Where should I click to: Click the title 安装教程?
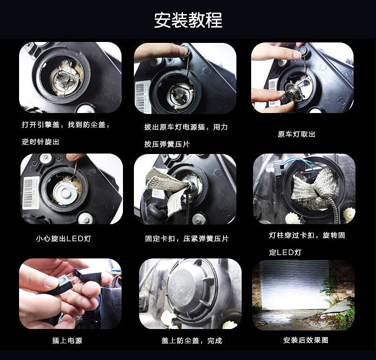pyautogui.click(x=188, y=20)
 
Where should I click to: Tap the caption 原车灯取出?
pyautogui.click(x=296, y=134)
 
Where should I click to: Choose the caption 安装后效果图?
pyautogui.click(x=305, y=340)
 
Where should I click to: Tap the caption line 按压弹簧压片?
pyautogui.click(x=167, y=144)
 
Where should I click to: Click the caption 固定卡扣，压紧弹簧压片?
pyautogui.click(x=187, y=238)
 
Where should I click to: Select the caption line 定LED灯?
pyautogui.click(x=285, y=252)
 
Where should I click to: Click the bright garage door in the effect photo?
pyautogui.click(x=295, y=286)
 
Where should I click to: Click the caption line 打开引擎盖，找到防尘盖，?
pyautogui.click(x=66, y=125)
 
